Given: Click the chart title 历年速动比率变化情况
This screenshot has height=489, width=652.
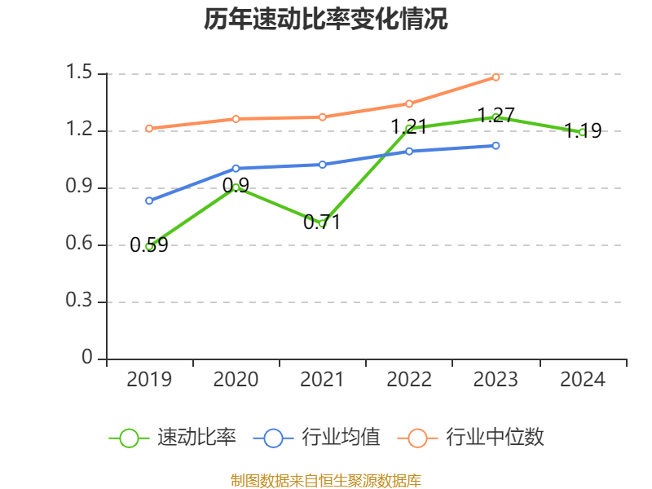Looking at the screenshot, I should (x=326, y=20).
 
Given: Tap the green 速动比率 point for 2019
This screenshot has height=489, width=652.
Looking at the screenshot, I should (x=149, y=245).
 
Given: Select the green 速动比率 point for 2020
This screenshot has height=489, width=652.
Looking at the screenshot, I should (x=236, y=187).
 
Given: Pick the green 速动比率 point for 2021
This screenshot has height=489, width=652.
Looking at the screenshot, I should (x=323, y=223).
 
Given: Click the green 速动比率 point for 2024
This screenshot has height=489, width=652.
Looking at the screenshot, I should (x=582, y=132).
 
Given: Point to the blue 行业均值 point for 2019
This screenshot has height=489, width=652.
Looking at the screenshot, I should (x=149, y=200).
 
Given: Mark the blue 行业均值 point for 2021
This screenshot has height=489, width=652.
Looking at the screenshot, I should (x=323, y=165).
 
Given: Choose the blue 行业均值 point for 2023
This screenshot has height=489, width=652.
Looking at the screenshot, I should (x=496, y=146).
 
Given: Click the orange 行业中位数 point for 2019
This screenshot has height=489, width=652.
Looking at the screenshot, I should (x=149, y=128).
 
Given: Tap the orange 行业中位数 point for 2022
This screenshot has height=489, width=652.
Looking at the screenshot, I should (x=409, y=104).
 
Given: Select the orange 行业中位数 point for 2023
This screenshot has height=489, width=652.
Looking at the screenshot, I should (x=496, y=77).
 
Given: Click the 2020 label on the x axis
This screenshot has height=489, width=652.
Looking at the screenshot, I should (x=236, y=380).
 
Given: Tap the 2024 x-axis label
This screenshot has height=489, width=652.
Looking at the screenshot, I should (x=582, y=380).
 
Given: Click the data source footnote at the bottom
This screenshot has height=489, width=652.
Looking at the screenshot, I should (x=326, y=480).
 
